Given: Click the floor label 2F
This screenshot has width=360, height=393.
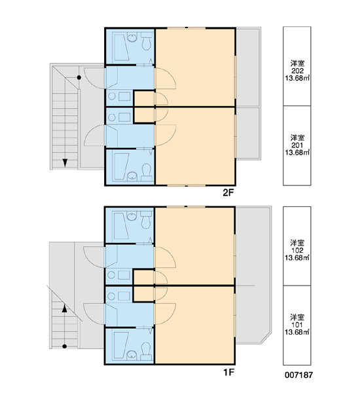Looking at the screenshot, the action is tap(228, 193).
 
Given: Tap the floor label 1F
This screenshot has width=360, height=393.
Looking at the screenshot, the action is tap(228, 373).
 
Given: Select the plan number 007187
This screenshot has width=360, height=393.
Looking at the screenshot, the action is tap(298, 375).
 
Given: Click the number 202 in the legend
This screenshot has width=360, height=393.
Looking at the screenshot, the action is tap(297, 71).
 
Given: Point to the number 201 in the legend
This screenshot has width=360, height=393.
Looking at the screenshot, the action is tap(297, 145).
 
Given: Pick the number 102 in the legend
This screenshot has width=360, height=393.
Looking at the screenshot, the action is tap(297, 250).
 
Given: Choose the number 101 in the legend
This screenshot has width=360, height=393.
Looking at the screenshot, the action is tap(297, 325).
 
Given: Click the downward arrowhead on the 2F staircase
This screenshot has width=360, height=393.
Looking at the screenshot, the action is tap(65, 162).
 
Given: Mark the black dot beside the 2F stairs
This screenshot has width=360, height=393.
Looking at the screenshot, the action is tap(79, 78).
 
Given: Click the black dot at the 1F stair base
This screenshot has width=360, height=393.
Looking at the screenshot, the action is tap(65, 346).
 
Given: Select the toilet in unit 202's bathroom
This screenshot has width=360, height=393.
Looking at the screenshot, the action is tap(147, 42).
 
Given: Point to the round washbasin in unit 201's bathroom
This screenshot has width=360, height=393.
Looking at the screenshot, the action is tap(132, 176).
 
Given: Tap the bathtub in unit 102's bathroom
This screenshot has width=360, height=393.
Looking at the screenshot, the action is tap(122, 226).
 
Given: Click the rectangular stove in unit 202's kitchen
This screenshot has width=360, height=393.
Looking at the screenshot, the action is tap(124, 96).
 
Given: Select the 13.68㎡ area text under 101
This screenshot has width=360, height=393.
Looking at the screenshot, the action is tap(297, 332).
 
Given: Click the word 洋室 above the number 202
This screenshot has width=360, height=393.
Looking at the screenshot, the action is tap(297, 63).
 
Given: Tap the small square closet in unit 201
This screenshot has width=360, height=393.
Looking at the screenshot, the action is tap(144, 115).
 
